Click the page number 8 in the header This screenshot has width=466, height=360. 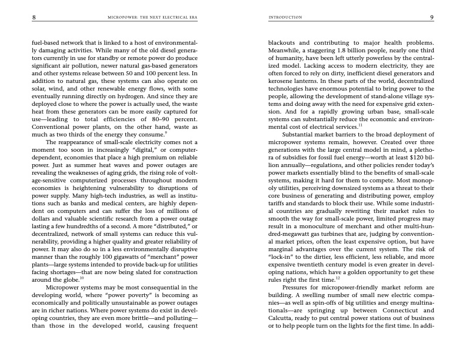coord(34,18)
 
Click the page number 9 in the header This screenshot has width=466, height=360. coord(431,18)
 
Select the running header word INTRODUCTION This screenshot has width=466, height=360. coord(285,18)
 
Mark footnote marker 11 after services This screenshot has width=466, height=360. coord(360,124)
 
